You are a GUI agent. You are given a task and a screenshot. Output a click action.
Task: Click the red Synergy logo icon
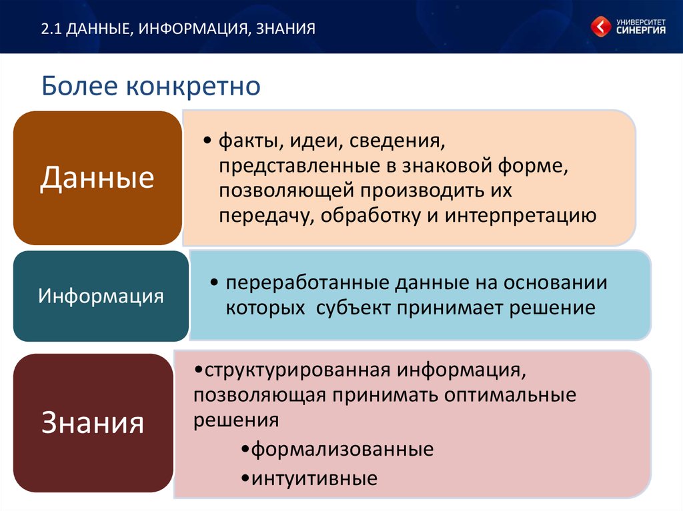(x=601, y=27)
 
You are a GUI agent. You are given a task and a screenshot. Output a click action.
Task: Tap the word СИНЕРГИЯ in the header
(x=641, y=30)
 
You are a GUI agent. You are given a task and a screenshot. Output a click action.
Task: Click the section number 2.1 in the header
(x=52, y=29)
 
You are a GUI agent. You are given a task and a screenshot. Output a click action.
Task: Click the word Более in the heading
(x=80, y=86)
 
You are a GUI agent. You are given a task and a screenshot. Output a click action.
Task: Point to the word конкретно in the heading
(x=193, y=87)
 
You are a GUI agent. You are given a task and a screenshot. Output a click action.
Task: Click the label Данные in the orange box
(x=97, y=178)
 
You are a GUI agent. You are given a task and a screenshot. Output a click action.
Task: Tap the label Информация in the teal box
(x=101, y=296)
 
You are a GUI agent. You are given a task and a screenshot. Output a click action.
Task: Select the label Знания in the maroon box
(x=92, y=422)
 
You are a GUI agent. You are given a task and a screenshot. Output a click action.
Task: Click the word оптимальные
(x=510, y=395)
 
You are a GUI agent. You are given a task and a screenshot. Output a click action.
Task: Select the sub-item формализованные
(x=342, y=449)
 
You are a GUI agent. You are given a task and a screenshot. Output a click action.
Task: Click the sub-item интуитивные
(x=315, y=478)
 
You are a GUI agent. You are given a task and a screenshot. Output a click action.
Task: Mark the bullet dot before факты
(x=207, y=141)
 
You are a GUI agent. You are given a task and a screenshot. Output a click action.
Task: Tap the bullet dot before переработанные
(x=214, y=283)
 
